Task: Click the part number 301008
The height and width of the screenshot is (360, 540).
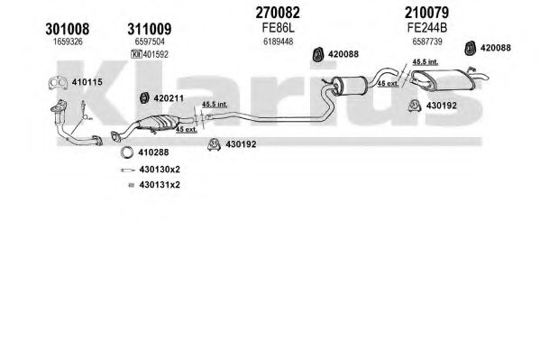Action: click(67, 29)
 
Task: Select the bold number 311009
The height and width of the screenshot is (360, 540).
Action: click(150, 29)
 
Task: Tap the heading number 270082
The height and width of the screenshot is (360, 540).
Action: click(278, 13)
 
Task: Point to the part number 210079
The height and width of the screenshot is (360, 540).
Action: click(426, 13)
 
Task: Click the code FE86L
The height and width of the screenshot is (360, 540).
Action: click(278, 28)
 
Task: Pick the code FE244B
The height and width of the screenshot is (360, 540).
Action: click(427, 28)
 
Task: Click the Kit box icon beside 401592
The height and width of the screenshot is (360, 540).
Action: click(136, 54)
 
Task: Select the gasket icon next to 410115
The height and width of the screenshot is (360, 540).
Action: click(58, 83)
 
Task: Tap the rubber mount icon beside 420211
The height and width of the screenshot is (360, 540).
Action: click(144, 98)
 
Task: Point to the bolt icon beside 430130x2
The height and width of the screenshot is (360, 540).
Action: click(127, 170)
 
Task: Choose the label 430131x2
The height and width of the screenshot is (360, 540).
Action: click(160, 185)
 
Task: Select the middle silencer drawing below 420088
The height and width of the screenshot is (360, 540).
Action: click(349, 86)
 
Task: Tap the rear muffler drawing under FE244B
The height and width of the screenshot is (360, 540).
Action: click(444, 80)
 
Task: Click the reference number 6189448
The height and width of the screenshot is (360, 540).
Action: click(278, 42)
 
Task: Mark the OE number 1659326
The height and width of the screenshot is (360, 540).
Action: click(68, 42)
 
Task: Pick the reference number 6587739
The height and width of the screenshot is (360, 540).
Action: click(427, 42)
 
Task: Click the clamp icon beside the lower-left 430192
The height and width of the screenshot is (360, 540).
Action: click(214, 144)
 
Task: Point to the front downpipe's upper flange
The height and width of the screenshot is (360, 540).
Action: click(59, 106)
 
